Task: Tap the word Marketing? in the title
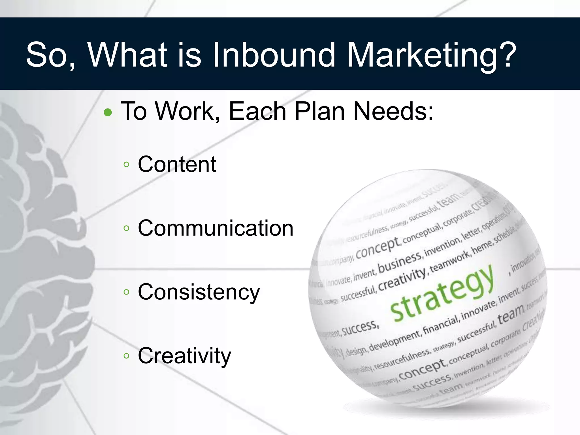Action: point(432,55)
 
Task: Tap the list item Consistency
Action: point(199,292)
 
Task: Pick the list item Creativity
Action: point(184,356)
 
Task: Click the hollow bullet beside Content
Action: point(127,165)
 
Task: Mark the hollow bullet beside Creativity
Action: point(127,356)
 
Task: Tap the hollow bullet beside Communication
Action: point(127,228)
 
